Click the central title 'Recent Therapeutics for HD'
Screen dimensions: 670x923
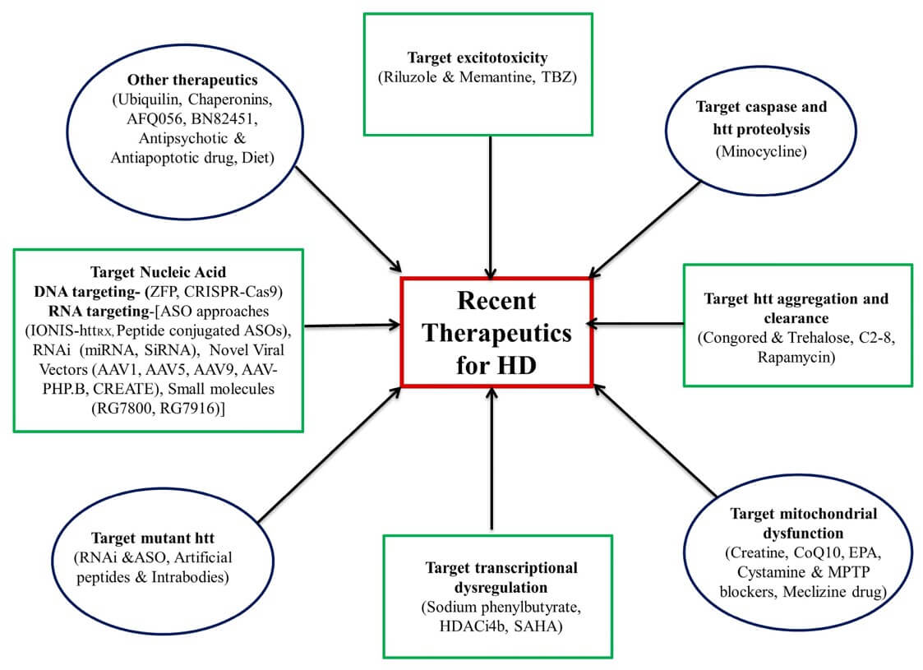(x=496, y=332)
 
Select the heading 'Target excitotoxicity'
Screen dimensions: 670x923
(x=478, y=58)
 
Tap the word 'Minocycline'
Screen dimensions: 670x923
(x=761, y=151)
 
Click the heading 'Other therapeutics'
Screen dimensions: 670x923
(x=192, y=81)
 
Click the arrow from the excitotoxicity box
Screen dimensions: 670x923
(x=491, y=206)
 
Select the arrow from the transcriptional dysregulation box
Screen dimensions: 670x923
(x=491, y=460)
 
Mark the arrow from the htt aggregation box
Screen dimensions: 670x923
(x=638, y=325)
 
